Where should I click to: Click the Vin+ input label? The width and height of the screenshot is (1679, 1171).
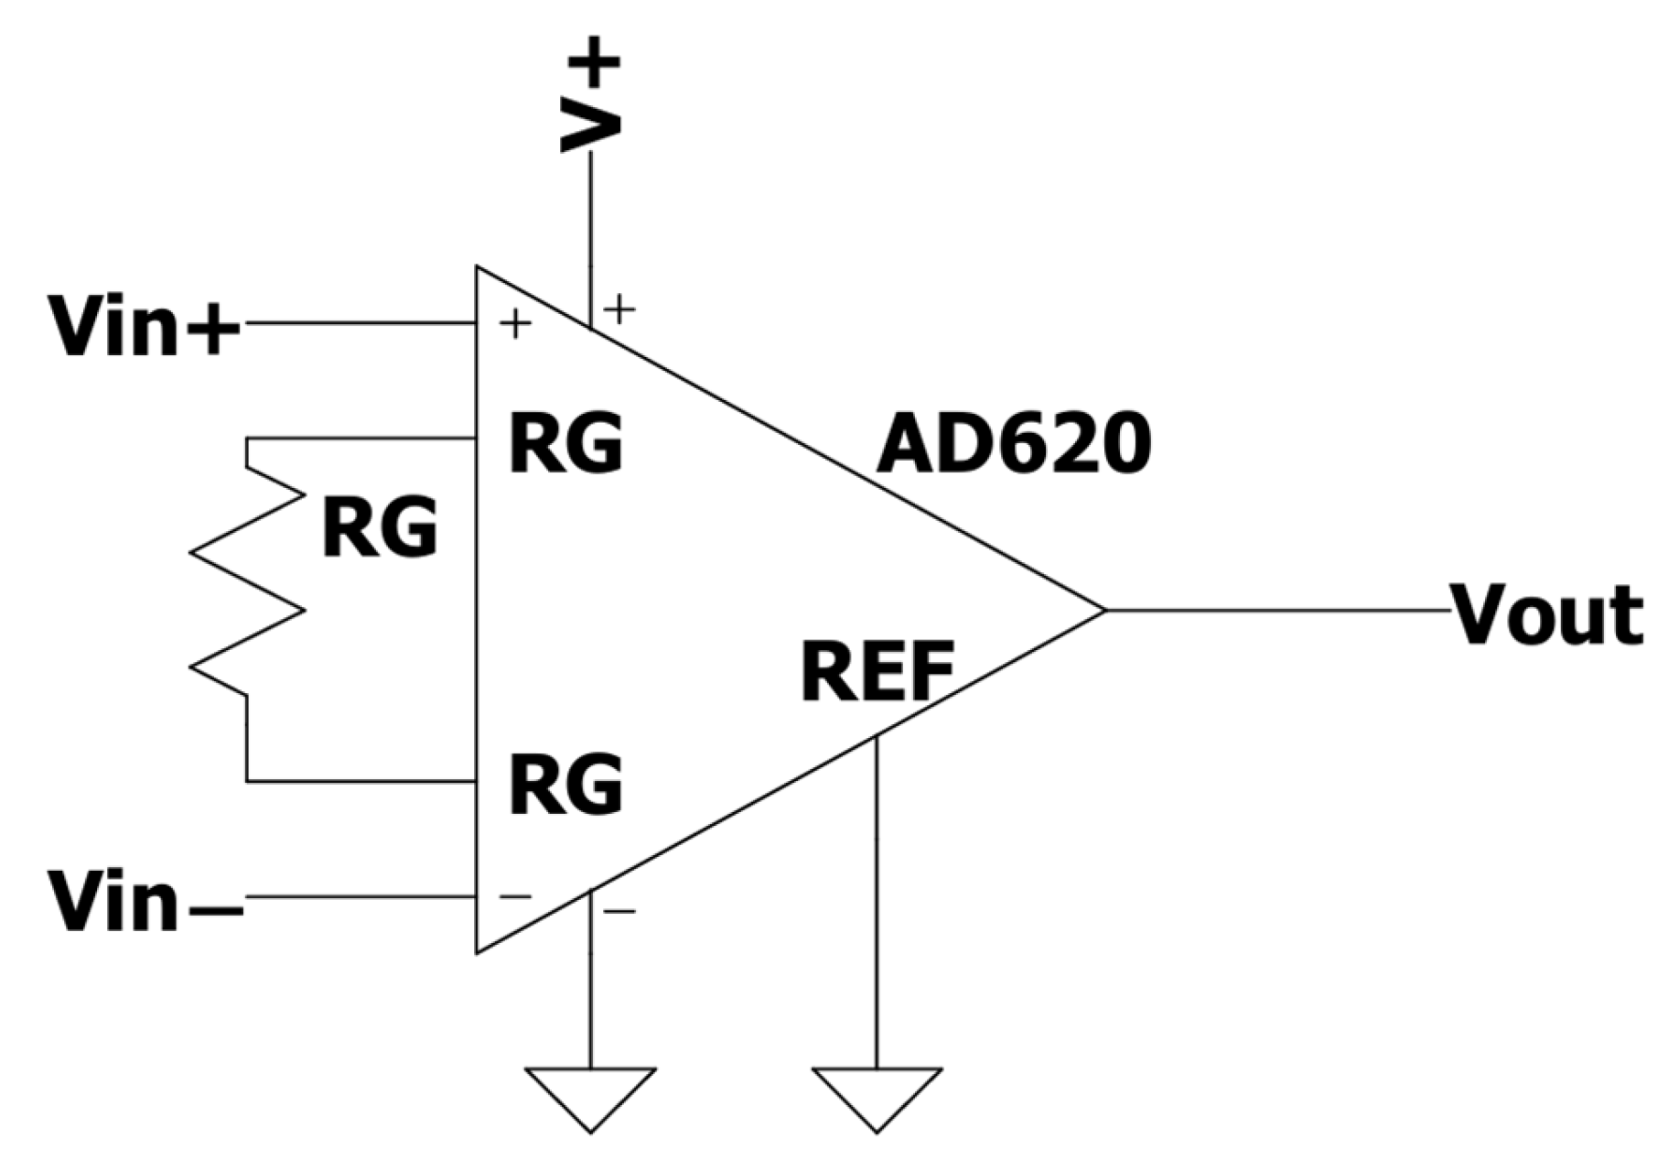(145, 327)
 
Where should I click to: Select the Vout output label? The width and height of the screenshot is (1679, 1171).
(1546, 615)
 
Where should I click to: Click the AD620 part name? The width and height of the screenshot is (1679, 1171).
(1013, 443)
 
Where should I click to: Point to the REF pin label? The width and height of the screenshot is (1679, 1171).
(877, 672)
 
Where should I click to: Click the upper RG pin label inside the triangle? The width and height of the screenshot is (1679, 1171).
(565, 443)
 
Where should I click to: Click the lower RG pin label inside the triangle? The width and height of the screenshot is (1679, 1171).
(565, 785)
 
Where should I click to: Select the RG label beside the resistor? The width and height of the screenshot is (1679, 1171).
(380, 528)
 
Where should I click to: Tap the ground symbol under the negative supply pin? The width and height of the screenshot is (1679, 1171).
(590, 1094)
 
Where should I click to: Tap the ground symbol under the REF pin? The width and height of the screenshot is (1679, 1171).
(877, 1094)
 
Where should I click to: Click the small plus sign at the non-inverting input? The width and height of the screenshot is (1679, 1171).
(515, 323)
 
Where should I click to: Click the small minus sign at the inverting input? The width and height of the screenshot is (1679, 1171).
(515, 896)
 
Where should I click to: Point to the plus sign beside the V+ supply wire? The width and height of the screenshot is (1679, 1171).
(619, 309)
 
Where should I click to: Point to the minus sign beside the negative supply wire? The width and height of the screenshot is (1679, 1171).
(619, 911)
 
